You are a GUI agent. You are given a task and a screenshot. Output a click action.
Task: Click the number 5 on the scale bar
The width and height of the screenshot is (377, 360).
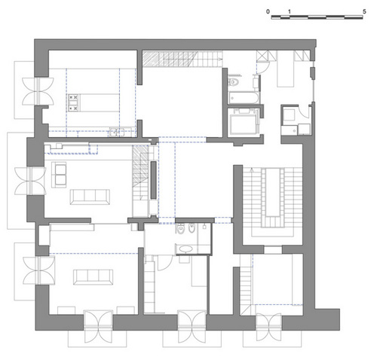click(364, 11)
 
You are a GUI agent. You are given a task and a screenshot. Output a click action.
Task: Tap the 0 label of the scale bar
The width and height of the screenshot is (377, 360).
click(268, 11)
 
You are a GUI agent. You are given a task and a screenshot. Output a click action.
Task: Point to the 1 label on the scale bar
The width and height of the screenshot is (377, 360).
click(290, 11)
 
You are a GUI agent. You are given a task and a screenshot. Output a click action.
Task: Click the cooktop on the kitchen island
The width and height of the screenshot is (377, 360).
click(73, 102)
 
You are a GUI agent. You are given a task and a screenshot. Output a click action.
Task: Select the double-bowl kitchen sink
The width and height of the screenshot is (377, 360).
click(117, 133)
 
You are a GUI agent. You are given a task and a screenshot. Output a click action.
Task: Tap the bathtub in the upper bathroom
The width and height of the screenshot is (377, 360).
click(244, 98)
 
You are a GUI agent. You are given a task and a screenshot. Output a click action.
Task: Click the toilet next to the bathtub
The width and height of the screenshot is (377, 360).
click(234, 82)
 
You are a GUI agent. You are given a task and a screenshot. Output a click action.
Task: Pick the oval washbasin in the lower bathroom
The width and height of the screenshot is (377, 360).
click(185, 249)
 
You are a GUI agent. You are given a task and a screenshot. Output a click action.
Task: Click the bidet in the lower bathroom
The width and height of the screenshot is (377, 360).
click(192, 228)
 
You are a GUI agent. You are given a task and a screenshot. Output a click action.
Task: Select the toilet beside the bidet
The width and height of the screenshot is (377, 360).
click(181, 228)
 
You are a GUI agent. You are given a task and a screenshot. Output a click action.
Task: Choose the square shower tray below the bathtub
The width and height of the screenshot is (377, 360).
click(243, 122)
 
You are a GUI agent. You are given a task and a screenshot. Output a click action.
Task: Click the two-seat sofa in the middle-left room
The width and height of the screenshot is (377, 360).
click(59, 175)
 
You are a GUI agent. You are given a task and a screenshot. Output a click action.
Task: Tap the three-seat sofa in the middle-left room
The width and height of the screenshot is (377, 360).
click(90, 197)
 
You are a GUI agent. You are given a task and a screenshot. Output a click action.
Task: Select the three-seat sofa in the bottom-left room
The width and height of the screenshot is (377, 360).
click(93, 277)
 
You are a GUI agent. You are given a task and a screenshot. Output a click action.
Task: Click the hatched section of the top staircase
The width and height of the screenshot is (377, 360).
click(169, 59)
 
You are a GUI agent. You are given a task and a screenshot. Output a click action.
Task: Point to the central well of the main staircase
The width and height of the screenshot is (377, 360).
click(272, 192)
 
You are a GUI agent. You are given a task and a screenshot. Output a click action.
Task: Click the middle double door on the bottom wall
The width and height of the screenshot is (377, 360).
click(192, 326)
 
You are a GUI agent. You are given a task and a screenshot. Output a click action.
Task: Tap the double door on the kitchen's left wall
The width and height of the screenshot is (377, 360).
click(38, 91)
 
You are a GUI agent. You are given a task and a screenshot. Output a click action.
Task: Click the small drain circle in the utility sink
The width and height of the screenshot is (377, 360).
click(294, 130)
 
